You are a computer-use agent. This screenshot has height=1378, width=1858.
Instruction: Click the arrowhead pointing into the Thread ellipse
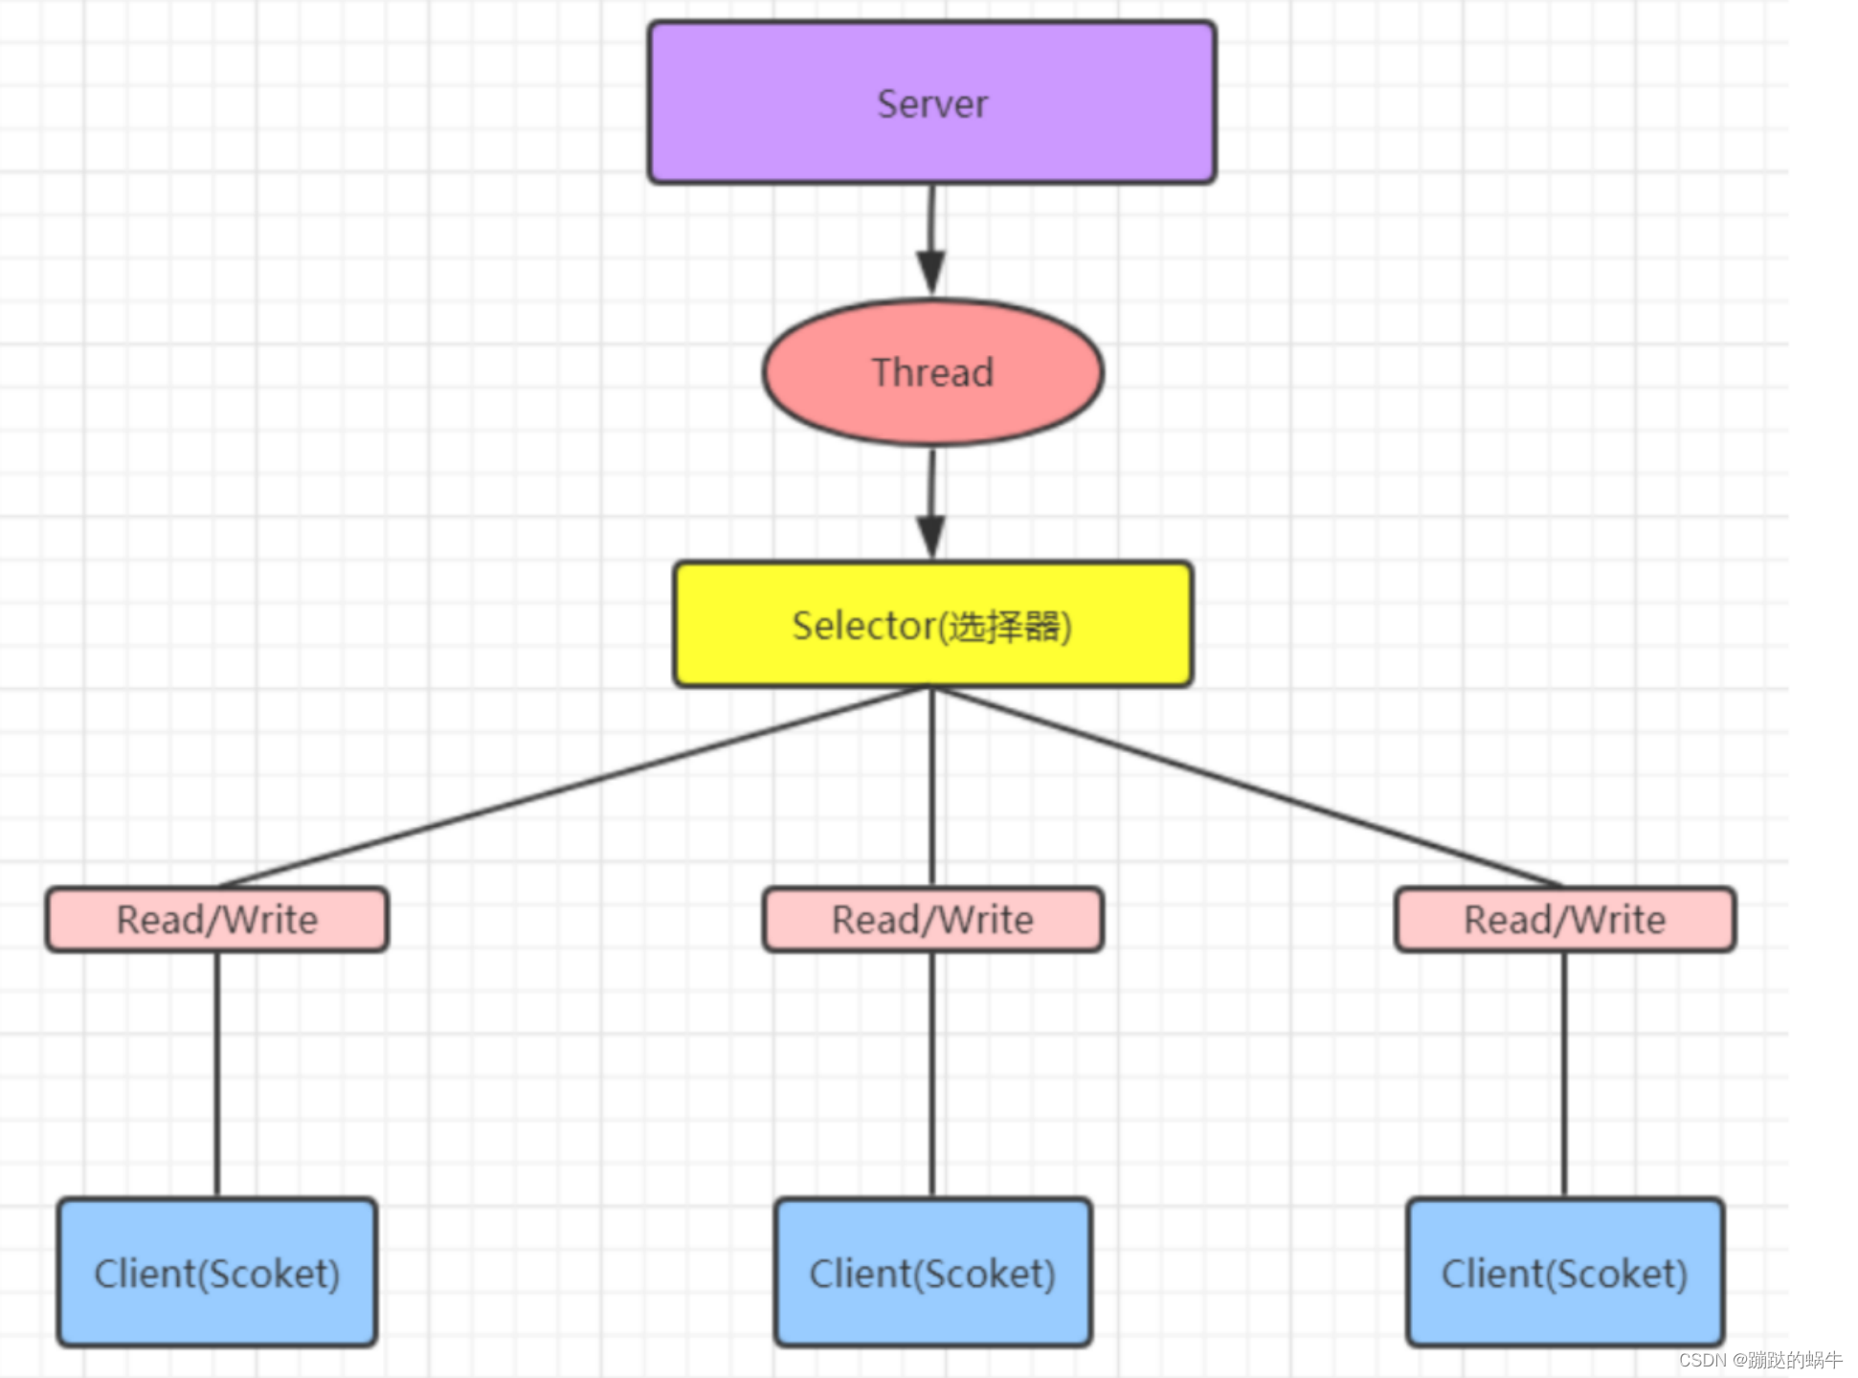930,272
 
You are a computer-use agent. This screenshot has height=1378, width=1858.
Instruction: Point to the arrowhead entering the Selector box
930,536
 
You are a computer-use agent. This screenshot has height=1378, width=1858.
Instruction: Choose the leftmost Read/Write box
217,920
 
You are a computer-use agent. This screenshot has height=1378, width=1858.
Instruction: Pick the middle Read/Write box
932,920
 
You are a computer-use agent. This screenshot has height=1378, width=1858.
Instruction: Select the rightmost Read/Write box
1564,920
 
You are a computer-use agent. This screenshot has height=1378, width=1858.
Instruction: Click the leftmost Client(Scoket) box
217,1273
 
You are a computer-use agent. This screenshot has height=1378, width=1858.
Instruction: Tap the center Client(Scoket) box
932,1273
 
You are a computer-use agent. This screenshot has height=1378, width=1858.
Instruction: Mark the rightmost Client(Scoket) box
1564,1273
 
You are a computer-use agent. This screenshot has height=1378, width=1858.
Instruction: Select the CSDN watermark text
1759,1360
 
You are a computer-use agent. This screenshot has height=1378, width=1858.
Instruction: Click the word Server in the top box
931,103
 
